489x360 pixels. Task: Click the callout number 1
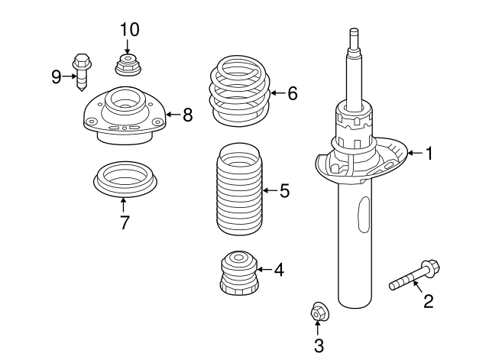[x=429, y=154]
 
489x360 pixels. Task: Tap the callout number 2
[x=428, y=301]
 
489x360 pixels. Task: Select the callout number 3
[x=319, y=345]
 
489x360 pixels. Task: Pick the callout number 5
[x=284, y=190]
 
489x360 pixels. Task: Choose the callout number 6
[x=292, y=94]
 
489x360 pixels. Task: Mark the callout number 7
[x=125, y=222]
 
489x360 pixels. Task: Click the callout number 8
[x=186, y=115]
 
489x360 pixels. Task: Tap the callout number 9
[x=57, y=76]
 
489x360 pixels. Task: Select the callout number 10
[x=129, y=30]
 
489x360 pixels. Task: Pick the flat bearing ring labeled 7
[x=125, y=178]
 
